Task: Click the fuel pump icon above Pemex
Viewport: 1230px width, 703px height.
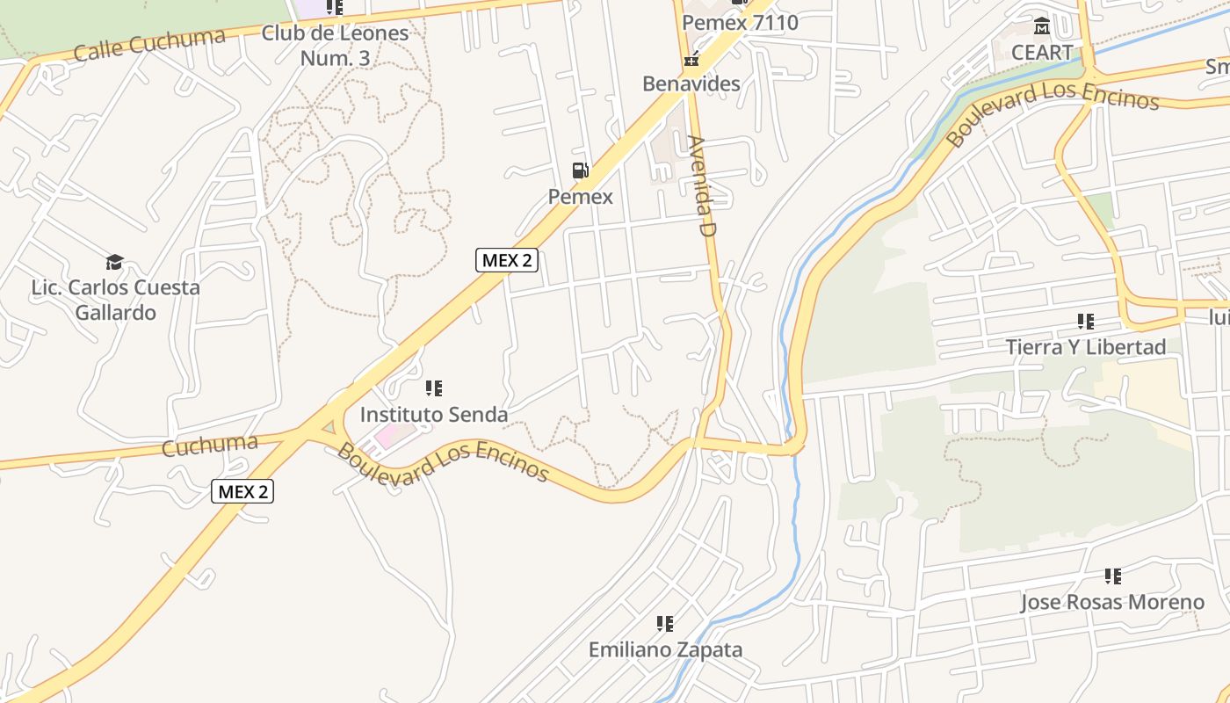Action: [580, 170]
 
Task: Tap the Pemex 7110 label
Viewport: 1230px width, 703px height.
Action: [740, 23]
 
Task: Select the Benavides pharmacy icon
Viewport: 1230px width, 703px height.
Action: [691, 59]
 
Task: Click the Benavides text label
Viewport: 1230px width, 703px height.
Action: [691, 84]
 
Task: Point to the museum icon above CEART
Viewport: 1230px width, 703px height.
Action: [1042, 26]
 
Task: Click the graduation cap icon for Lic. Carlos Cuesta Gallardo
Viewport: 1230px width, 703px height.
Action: [114, 262]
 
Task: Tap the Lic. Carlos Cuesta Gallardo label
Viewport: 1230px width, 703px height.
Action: [115, 300]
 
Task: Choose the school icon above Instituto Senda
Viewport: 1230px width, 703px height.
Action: [433, 388]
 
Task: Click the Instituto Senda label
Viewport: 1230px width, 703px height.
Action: [434, 414]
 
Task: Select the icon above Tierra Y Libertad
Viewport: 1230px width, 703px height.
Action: [1086, 322]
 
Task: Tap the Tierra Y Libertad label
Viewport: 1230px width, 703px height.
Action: [1086, 347]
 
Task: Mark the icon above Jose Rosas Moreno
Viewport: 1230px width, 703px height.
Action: [1112, 576]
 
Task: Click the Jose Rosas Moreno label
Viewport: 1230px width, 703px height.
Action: [1112, 603]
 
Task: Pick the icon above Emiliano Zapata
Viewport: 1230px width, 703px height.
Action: [665, 624]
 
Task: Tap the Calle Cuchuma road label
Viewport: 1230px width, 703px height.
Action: [149, 44]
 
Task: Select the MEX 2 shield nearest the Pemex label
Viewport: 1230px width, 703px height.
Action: [507, 260]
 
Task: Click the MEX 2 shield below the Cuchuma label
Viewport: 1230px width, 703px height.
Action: [242, 491]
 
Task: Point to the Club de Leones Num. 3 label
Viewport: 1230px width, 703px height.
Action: [335, 46]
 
